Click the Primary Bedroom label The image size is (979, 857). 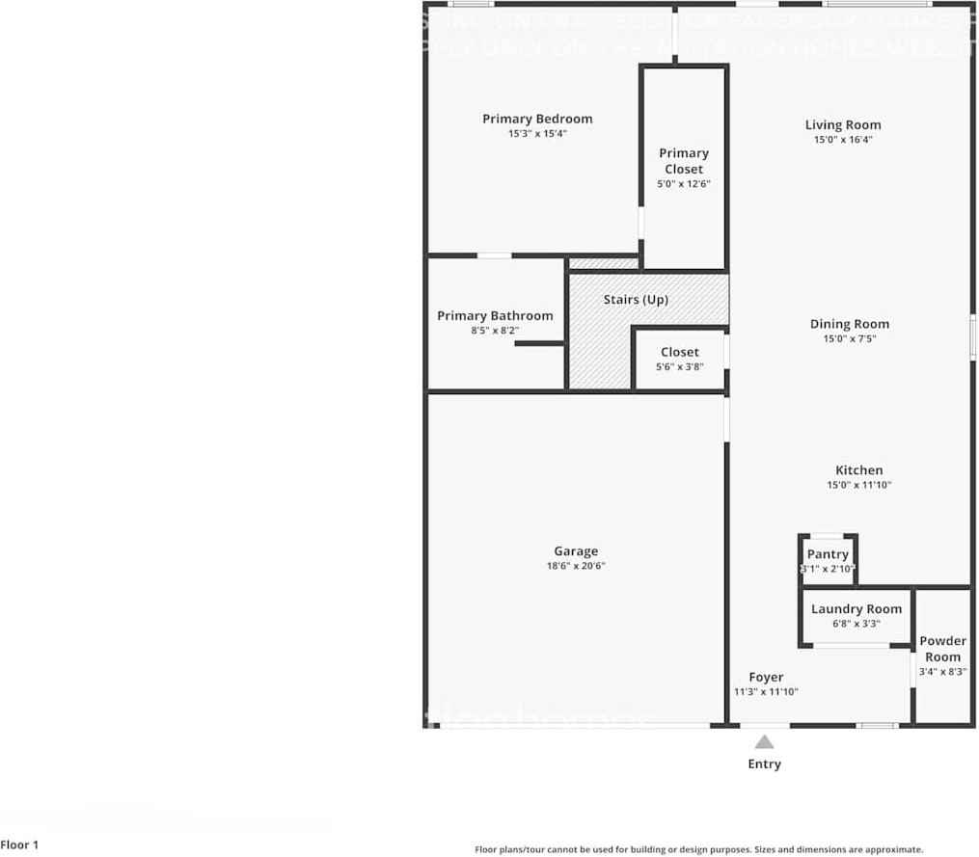tap(537, 119)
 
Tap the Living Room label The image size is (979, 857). tap(843, 124)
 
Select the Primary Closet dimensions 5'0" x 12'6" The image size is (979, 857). tap(684, 183)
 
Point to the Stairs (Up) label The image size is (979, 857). tap(636, 300)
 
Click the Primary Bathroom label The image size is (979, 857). tap(495, 316)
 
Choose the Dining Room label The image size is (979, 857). tap(849, 324)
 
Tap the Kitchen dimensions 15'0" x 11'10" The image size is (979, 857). tap(858, 485)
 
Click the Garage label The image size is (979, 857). tap(576, 551)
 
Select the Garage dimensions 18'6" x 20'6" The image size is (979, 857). tap(576, 566)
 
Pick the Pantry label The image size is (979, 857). tap(828, 554)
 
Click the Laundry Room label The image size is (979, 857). tap(857, 608)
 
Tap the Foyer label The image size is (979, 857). tap(766, 677)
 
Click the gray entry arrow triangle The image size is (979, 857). tap(764, 742)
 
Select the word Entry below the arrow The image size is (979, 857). tap(764, 763)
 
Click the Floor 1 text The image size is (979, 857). tap(19, 845)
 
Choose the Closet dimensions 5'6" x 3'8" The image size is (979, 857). tap(679, 366)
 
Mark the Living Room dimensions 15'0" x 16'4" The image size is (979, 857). tap(843, 140)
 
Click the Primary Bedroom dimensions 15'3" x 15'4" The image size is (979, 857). tap(537, 134)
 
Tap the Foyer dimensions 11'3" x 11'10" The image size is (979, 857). tap(766, 691)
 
